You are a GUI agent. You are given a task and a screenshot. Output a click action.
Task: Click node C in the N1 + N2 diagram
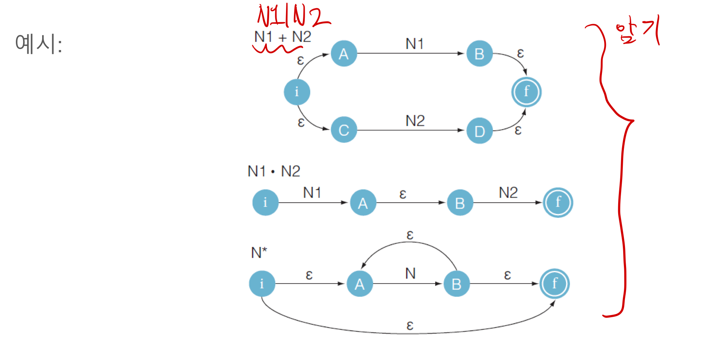pyautogui.click(x=344, y=130)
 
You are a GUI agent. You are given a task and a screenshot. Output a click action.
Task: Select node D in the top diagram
pyautogui.click(x=479, y=131)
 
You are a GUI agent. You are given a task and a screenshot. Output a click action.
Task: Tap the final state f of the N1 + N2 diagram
pyautogui.click(x=526, y=92)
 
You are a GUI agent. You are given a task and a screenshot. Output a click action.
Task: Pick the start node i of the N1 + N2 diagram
pyautogui.click(x=297, y=92)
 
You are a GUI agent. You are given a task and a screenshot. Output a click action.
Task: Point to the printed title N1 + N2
pyautogui.click(x=282, y=37)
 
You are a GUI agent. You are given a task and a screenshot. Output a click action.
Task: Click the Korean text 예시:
pyautogui.click(x=39, y=44)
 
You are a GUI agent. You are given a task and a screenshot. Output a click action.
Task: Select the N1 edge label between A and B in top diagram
pyautogui.click(x=414, y=44)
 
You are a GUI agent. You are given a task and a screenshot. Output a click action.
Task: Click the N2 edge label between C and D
pyautogui.click(x=415, y=121)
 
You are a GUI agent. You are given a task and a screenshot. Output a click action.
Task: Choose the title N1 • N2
pyautogui.click(x=274, y=171)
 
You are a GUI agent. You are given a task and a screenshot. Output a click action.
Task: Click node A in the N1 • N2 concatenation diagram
pyautogui.click(x=363, y=203)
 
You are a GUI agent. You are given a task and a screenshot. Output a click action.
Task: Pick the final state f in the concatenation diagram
pyautogui.click(x=558, y=202)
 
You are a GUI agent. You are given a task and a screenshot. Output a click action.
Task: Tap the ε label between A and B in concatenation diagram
pyautogui.click(x=403, y=194)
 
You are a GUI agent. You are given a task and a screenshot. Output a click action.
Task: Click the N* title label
pyautogui.click(x=259, y=252)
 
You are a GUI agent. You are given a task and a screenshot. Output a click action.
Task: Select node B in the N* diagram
pyautogui.click(x=456, y=284)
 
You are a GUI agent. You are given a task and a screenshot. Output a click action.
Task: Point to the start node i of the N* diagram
pyautogui.click(x=262, y=284)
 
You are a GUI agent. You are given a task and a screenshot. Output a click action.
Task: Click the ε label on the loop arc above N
pyautogui.click(x=410, y=235)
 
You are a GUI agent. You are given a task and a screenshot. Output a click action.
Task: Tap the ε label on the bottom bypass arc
pyautogui.click(x=410, y=325)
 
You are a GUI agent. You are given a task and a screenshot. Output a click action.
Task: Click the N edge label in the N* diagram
pyautogui.click(x=410, y=274)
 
